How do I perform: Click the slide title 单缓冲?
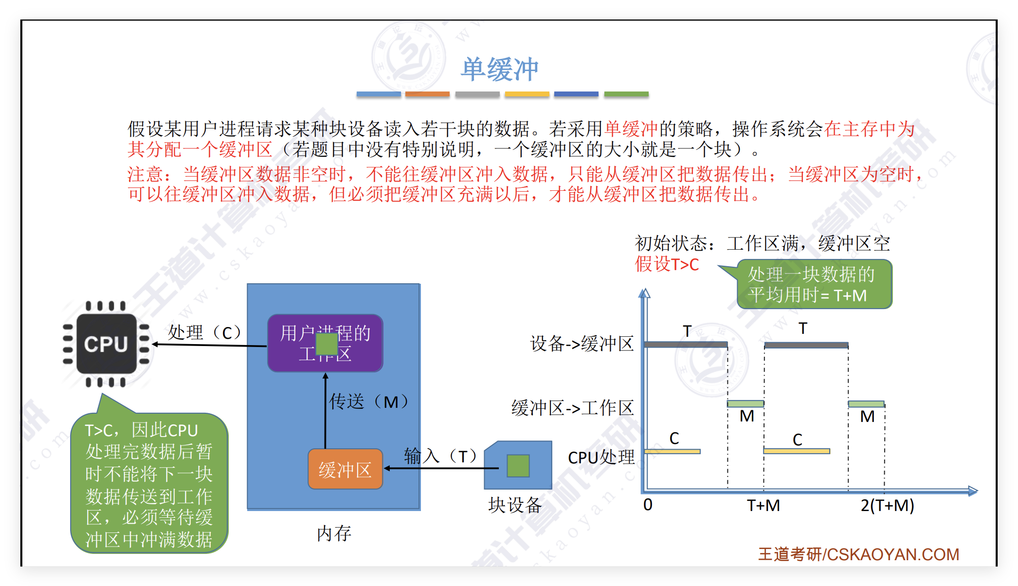500,69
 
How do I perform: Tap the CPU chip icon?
107,344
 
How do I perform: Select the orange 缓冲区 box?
345,469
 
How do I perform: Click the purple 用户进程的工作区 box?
325,343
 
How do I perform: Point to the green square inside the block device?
518,466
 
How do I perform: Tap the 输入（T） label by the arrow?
441,457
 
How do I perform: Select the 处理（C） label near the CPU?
205,333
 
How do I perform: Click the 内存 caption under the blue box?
334,533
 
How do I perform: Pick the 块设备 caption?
515,505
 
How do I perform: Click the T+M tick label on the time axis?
763,506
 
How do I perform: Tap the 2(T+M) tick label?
887,506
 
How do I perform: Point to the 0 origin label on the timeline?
648,505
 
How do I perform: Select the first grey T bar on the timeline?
686,345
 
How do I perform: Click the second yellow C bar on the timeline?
797,451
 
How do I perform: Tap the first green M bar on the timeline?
745,404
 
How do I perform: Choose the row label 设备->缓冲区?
582,344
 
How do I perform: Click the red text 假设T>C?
667,264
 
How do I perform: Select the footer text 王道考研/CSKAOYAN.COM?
858,554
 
